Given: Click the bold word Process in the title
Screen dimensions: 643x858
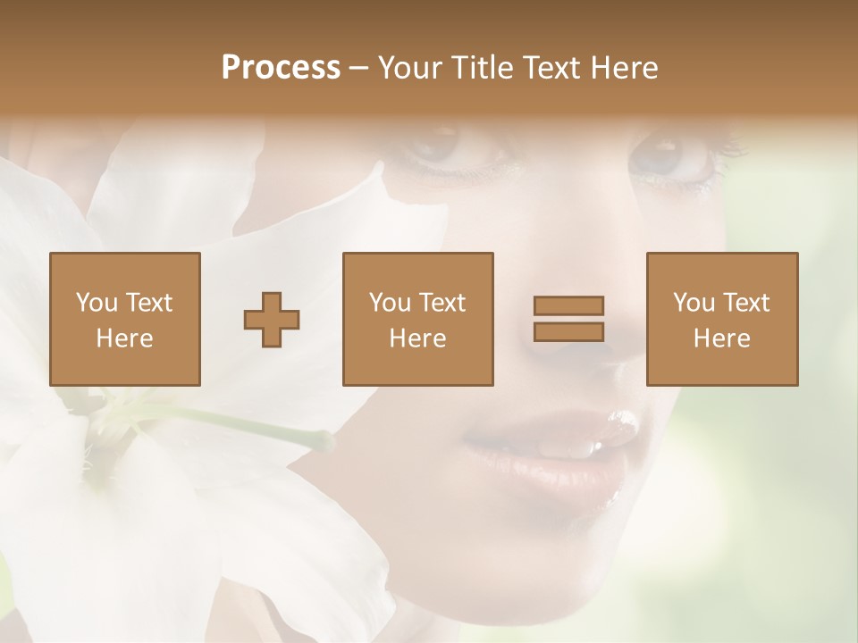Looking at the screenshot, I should [281, 68].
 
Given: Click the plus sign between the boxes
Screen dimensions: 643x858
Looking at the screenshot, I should [272, 319].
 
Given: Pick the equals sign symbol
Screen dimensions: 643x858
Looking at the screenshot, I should [568, 319].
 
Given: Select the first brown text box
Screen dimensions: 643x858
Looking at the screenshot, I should [125, 319].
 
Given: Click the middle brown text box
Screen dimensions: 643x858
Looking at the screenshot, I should [418, 319].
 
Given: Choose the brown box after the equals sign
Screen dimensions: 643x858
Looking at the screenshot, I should [722, 319].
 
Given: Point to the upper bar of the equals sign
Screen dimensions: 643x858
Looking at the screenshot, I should [568, 305].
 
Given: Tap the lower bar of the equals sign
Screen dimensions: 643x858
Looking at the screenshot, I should [568, 332].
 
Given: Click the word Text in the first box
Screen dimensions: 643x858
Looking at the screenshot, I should [149, 303].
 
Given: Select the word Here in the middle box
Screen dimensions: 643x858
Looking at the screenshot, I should [418, 338].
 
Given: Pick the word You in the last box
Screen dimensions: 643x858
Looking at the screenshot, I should [694, 303].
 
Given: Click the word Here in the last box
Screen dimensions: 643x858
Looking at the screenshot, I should [722, 338].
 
